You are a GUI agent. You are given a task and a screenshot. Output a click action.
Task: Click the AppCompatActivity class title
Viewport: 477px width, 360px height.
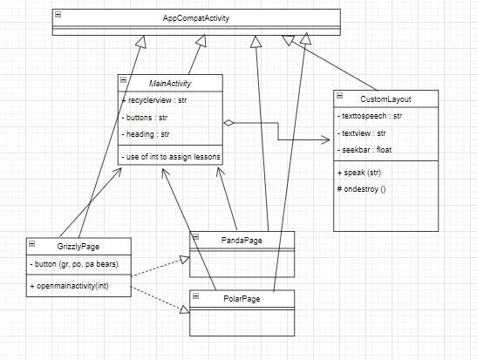[x=196, y=17]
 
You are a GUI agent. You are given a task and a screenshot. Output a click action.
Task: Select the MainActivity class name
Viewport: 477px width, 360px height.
[x=171, y=84]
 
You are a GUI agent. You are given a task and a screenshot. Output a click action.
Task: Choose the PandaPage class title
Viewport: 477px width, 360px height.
[x=242, y=238]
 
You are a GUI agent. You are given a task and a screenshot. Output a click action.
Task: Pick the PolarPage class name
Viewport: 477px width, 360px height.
[x=242, y=299]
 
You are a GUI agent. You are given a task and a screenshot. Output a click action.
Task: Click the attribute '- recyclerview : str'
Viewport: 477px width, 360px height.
[x=157, y=101]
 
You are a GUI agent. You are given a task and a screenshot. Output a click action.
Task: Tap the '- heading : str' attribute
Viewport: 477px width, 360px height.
[x=146, y=134]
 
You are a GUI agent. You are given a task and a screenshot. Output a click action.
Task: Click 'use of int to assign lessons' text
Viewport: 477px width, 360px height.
[x=171, y=156]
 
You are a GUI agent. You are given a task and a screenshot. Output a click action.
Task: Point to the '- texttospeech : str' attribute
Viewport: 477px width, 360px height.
[x=370, y=115]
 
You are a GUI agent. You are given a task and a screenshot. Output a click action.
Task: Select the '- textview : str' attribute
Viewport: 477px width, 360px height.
[x=365, y=133]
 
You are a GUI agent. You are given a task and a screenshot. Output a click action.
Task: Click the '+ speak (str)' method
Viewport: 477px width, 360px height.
[x=358, y=172]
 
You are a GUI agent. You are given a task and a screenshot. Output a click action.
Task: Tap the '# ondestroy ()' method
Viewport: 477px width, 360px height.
[x=362, y=188]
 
